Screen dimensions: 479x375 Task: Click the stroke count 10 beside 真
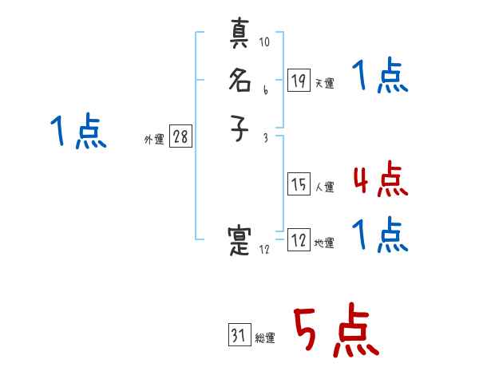[264, 41]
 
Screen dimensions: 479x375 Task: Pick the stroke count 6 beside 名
[265, 90]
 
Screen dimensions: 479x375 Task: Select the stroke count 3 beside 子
[265, 138]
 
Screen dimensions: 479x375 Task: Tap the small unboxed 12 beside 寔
[265, 250]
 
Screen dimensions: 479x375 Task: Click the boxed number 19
[299, 80]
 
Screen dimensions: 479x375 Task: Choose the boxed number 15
[299, 184]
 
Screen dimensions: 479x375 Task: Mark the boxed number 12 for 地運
[299, 240]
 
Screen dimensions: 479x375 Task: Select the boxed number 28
[180, 136]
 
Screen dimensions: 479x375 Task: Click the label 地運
[324, 243]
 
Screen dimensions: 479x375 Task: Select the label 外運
[154, 140]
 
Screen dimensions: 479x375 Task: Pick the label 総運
[264, 338]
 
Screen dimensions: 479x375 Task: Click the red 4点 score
[380, 180]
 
